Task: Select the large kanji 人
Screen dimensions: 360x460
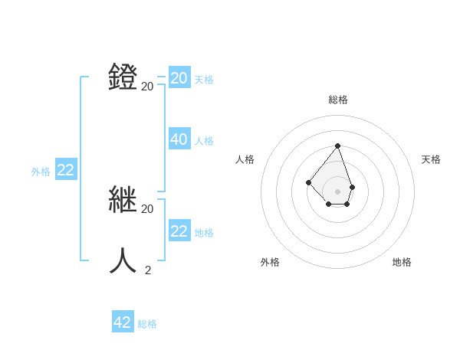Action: (x=124, y=260)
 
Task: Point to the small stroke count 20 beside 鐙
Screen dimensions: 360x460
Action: (x=147, y=86)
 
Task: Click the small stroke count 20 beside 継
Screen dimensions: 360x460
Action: (x=147, y=208)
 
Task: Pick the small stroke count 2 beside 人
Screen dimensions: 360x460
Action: (x=148, y=270)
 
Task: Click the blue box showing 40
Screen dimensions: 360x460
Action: (x=179, y=139)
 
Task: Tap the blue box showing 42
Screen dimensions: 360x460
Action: (x=123, y=322)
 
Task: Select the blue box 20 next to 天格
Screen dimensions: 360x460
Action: (x=179, y=77)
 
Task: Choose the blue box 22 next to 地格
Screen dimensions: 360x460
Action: (x=179, y=231)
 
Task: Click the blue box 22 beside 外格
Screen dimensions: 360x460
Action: (x=66, y=169)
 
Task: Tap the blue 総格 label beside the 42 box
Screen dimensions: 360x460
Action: (x=147, y=324)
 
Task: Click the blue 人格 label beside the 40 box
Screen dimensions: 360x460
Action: (x=204, y=141)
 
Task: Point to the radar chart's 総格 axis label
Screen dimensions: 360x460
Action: (x=338, y=100)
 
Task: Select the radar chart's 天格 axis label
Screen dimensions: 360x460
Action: (x=432, y=159)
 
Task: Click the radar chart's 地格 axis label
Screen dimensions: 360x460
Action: (x=402, y=262)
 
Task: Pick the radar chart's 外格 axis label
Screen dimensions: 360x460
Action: (x=270, y=262)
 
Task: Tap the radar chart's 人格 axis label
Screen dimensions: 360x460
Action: (x=245, y=159)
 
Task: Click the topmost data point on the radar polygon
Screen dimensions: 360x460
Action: (x=337, y=146)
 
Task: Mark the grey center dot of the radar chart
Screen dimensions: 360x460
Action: (x=337, y=191)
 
